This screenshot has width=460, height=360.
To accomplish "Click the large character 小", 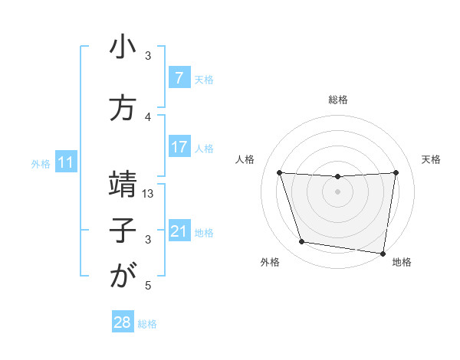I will (x=123, y=49).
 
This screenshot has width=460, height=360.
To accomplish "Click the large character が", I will (x=123, y=277).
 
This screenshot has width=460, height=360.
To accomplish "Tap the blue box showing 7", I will (x=179, y=78).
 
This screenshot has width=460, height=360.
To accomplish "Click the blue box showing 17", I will (x=179, y=147).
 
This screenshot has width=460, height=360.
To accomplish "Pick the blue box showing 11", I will (x=65, y=162).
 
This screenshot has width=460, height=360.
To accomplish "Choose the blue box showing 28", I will (x=123, y=322).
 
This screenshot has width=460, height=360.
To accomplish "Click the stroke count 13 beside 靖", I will (x=149, y=194).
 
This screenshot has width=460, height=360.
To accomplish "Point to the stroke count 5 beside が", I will (x=148, y=286).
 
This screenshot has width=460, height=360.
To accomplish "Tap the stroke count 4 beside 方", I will (x=148, y=116).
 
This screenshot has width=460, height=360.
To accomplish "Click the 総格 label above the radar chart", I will (x=338, y=100).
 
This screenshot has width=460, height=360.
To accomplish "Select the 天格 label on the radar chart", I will (x=432, y=159).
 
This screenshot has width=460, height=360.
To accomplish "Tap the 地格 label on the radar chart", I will (x=402, y=262).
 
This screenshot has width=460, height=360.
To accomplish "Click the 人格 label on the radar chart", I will (x=245, y=159).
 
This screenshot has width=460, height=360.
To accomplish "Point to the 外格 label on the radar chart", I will (x=270, y=262).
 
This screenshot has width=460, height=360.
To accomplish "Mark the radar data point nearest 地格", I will (x=383, y=253).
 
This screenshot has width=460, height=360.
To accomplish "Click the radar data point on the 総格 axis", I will (x=338, y=177).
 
